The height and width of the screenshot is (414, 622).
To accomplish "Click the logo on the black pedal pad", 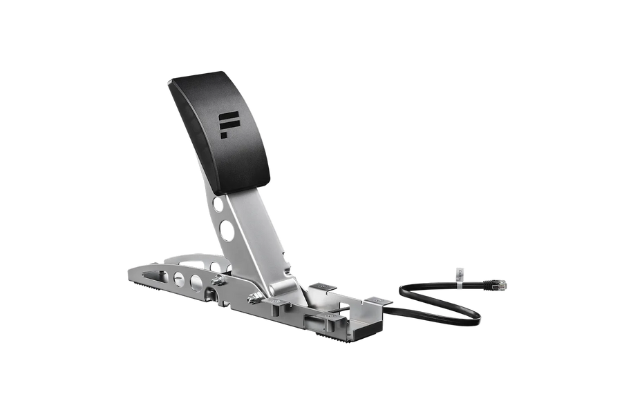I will [227, 124].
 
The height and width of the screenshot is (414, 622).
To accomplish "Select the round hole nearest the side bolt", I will [198, 282].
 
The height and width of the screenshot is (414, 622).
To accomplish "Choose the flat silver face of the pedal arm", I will [259, 235].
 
